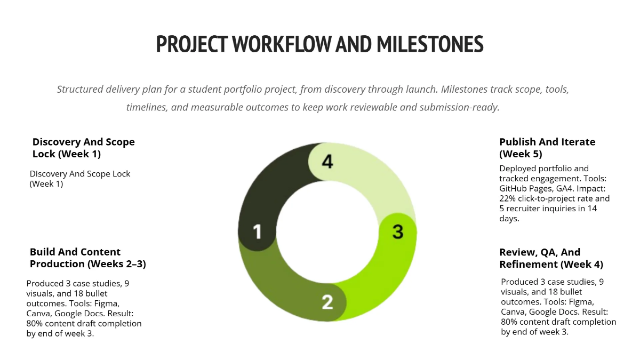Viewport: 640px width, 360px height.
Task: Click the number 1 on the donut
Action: click(258, 232)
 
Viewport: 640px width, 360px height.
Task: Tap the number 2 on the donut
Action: click(327, 302)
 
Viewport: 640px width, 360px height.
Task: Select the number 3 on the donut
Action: click(398, 232)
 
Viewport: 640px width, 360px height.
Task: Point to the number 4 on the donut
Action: click(327, 161)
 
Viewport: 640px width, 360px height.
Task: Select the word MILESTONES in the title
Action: click(430, 44)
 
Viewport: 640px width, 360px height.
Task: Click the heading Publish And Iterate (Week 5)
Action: click(547, 148)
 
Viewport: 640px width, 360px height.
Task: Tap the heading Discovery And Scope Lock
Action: click(83, 148)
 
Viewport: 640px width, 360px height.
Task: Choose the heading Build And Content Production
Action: click(87, 258)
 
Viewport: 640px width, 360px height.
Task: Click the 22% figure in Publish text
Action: click(508, 198)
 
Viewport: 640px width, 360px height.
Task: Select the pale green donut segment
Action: click(373, 171)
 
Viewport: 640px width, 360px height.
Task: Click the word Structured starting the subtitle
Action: click(82, 89)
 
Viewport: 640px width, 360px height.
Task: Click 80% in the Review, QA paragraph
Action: click(510, 322)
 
